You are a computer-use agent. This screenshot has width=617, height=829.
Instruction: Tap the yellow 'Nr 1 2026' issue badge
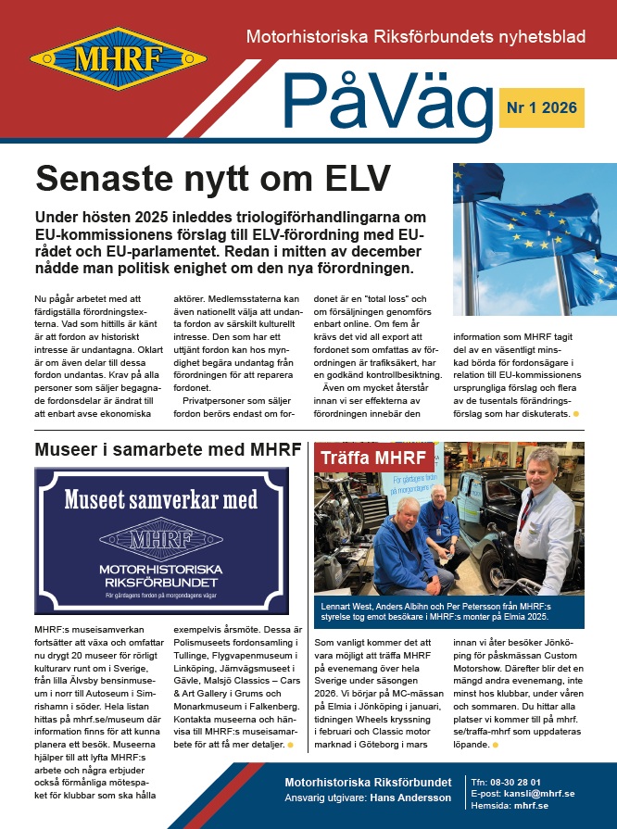(x=541, y=108)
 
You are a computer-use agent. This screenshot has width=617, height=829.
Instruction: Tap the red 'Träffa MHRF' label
(x=373, y=458)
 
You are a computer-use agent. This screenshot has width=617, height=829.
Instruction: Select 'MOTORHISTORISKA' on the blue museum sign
(x=161, y=568)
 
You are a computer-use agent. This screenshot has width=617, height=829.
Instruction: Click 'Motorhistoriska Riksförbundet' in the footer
(x=368, y=782)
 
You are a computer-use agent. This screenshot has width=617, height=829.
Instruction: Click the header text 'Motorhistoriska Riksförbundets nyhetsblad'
(x=415, y=38)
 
